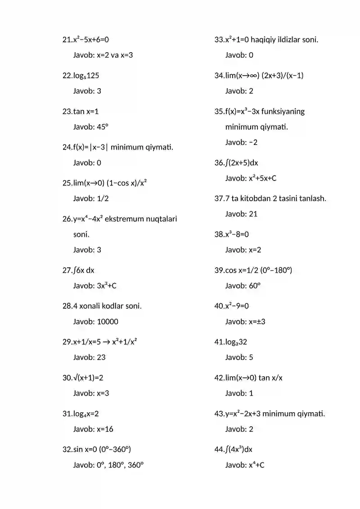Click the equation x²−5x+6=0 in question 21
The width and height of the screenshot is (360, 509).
[91, 40]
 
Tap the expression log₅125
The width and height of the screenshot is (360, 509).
[86, 75]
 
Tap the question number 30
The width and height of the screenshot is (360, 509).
[67, 378]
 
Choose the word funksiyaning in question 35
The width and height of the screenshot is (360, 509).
[283, 111]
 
